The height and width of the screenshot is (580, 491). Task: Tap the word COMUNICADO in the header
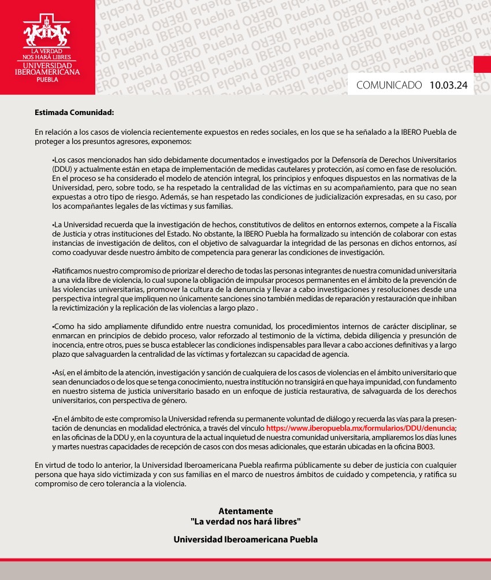click(x=389, y=86)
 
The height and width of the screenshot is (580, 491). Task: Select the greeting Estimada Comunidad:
click(x=75, y=112)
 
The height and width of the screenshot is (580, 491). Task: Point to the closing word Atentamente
click(x=245, y=511)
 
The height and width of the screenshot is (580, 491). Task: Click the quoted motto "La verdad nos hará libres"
click(x=245, y=522)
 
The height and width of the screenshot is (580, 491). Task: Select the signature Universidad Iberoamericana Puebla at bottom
click(x=245, y=540)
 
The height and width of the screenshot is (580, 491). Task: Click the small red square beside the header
click(x=482, y=64)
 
